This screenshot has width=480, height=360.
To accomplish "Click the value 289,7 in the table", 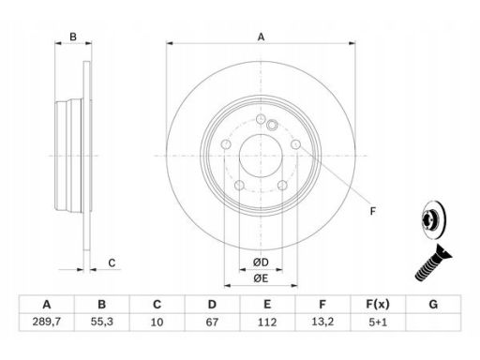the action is click(47, 322).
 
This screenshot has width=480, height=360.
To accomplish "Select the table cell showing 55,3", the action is click(102, 322).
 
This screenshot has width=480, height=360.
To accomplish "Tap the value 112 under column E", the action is click(267, 322).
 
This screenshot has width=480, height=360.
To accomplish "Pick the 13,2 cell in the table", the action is click(322, 322).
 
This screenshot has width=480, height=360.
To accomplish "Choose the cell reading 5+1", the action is click(378, 322).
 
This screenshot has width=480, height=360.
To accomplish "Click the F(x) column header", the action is click(378, 304).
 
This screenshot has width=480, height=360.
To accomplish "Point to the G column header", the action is click(433, 304).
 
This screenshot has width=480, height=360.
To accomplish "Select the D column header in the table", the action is click(212, 304).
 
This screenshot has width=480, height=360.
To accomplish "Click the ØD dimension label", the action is click(261, 262).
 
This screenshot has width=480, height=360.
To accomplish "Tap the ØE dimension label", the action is click(261, 277).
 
